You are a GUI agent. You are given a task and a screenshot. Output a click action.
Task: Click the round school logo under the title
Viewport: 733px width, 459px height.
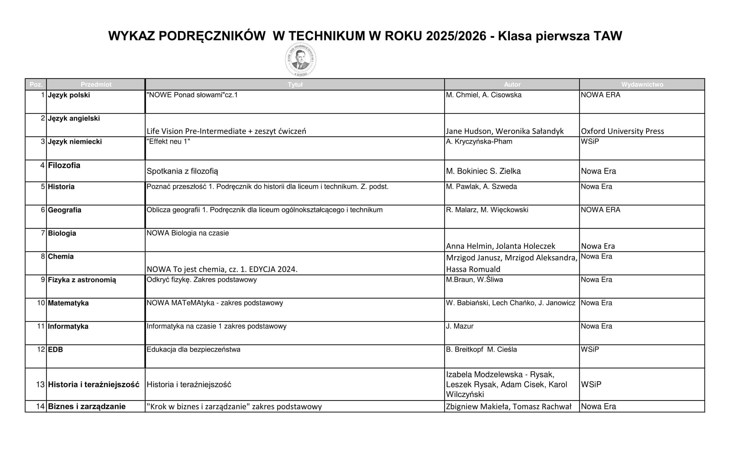301,59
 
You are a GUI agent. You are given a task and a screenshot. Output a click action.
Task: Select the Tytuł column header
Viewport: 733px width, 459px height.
295,85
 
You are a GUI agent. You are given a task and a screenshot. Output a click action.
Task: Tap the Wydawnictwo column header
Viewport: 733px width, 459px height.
642,85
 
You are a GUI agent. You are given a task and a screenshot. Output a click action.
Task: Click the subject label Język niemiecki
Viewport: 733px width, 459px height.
75,142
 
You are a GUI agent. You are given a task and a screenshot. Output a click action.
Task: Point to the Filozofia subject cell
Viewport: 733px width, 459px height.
64,165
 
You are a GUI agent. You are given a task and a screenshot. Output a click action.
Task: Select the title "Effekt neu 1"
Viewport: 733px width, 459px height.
168,142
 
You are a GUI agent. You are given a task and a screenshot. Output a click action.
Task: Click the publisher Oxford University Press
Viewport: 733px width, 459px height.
622,131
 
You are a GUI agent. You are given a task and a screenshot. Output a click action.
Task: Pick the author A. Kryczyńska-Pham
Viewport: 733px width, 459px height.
479,142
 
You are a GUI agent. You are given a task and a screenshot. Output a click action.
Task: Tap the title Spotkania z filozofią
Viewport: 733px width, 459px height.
182,171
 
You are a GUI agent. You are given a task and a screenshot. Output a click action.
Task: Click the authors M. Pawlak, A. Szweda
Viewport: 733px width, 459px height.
481,187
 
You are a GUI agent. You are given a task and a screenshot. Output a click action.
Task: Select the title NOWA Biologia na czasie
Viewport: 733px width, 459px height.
188,233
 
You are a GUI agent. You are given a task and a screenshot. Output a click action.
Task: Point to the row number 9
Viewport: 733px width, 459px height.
43,280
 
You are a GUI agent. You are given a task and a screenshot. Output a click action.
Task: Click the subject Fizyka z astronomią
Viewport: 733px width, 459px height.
82,280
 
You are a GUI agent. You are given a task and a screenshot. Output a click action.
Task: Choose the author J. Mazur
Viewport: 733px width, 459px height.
459,326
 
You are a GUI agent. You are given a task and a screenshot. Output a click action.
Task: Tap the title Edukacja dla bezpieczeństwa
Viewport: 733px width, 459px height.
193,349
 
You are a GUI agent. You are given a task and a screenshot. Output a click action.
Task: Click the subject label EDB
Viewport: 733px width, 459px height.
55,349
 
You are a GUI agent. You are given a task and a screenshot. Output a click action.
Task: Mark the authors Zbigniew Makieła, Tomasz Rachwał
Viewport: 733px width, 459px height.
509,406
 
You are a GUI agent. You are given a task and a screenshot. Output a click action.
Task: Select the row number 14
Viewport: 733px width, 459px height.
40,406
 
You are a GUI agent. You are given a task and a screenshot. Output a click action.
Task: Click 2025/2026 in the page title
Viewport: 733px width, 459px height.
456,36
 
